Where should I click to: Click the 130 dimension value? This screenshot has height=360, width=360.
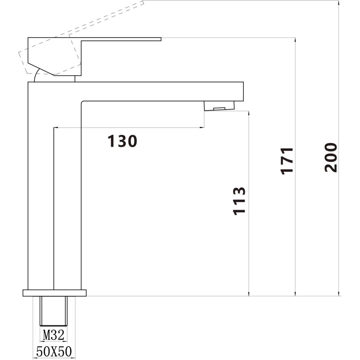coord(122,141)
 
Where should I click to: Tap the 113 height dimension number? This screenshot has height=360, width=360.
coord(239,201)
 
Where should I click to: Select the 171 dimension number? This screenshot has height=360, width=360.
coord(287,161)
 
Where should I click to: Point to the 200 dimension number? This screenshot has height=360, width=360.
coord(331,157)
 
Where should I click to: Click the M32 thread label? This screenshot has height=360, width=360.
coord(54,336)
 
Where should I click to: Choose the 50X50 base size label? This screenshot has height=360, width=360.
coord(54,351)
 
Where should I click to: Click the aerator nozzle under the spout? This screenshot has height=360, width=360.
coord(219,106)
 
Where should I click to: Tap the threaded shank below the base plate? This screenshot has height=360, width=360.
coord(54,311)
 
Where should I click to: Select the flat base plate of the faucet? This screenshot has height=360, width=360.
coord(55,293)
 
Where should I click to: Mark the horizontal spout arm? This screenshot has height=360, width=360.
coord(160,91)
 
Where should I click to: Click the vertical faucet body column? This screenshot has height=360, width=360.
coord(41,186)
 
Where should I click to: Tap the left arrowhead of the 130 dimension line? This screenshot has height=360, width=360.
coord(56,128)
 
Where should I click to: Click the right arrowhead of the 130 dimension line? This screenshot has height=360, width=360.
coord(202,128)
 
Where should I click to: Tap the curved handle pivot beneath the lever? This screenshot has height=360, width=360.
coord(37,77)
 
